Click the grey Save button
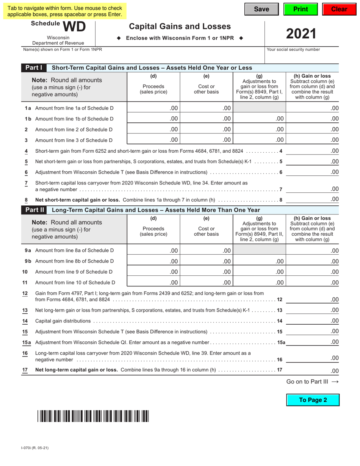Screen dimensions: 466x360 coord(261,9)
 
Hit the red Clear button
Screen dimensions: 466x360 coord(339,9)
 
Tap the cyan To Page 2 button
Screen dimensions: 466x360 coord(313,400)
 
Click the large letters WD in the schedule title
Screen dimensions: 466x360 coord(74,27)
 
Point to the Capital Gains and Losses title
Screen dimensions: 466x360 coord(180,27)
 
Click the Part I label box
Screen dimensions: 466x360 coord(34,68)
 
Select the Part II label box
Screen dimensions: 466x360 coord(35,210)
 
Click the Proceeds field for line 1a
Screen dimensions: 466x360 coord(153,108)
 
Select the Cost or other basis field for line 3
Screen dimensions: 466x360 coord(206,140)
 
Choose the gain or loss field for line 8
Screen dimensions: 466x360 coord(313,199)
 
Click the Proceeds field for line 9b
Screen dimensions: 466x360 coord(153,261)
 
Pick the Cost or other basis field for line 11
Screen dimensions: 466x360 coord(206,282)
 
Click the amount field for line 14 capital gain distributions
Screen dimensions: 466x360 coord(313,321)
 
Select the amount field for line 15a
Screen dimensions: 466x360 coord(313,342)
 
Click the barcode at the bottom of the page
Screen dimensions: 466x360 coord(93,416)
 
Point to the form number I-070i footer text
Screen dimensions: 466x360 coord(35,448)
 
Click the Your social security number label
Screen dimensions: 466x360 coord(293,50)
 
